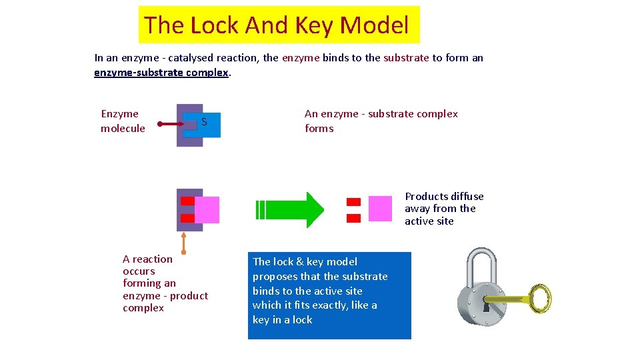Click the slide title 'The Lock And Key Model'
(x=276, y=25)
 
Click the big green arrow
(x=293, y=209)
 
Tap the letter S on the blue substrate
(x=204, y=122)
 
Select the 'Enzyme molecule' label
(x=123, y=121)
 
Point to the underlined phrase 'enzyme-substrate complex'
(x=162, y=72)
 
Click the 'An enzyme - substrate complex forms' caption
(x=381, y=121)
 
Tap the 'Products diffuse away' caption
(x=443, y=209)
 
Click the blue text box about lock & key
(x=329, y=295)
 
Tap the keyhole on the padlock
(x=486, y=307)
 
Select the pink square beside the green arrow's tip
(x=380, y=208)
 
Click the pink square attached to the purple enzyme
(x=207, y=209)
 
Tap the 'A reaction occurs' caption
(x=165, y=283)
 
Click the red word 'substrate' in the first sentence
(x=406, y=58)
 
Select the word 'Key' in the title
(x=313, y=25)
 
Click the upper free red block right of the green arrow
(x=353, y=201)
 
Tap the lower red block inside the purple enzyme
(x=187, y=217)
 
